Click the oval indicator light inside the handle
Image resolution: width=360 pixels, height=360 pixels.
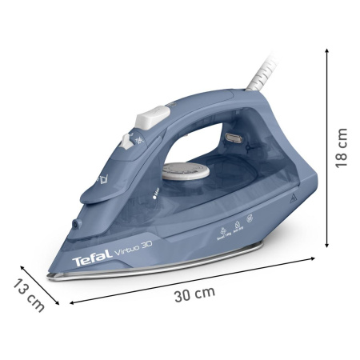click(x=236, y=139)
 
